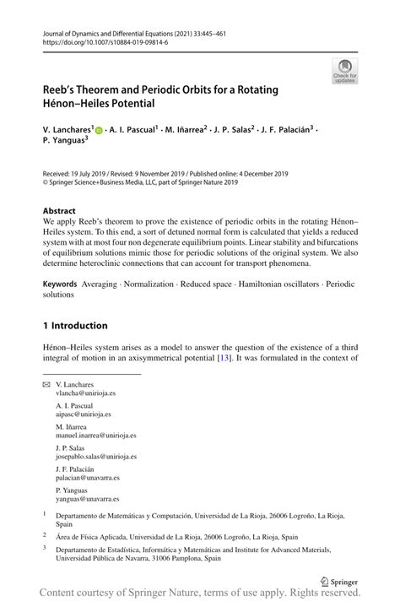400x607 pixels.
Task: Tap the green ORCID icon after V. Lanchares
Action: point(98,131)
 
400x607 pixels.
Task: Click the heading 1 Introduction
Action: point(75,325)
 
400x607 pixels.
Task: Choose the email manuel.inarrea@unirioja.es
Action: point(95,436)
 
